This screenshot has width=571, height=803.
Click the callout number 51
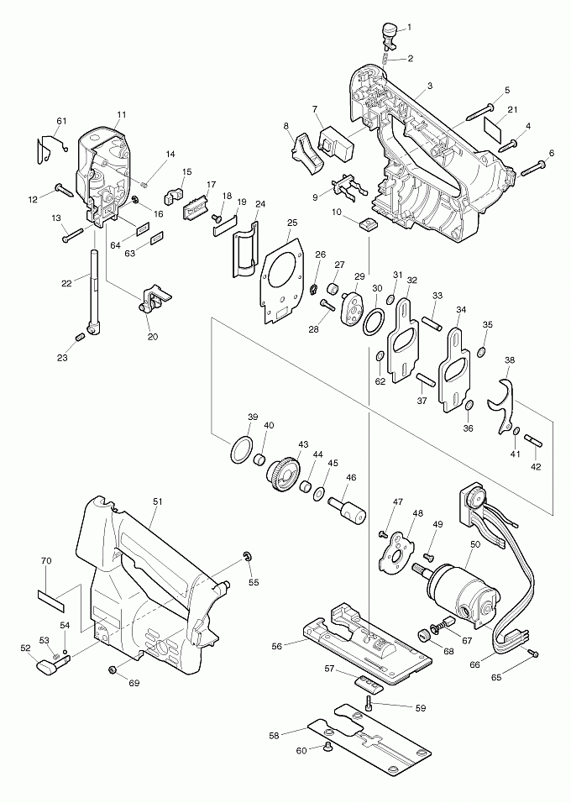(156, 501)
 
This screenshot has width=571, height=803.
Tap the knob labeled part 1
(389, 31)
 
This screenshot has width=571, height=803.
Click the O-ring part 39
(241, 449)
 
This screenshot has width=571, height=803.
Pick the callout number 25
(291, 223)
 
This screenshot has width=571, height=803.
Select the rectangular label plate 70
(50, 596)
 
